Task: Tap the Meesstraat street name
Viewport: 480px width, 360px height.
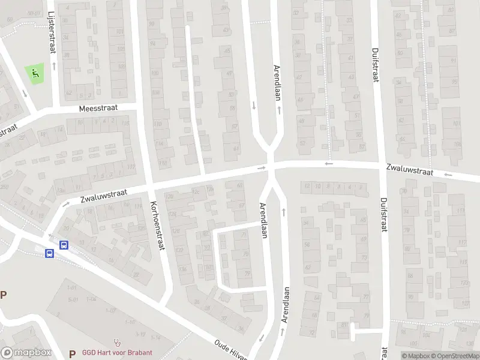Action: pos(98,109)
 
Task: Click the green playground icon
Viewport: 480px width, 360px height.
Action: pos(35,74)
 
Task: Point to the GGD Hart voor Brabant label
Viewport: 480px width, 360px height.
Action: pos(117,353)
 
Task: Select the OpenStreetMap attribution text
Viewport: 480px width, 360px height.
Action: pos(454,356)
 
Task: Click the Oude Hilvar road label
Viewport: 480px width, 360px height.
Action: pos(230,350)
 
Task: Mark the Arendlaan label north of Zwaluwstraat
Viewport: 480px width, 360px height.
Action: pos(277,83)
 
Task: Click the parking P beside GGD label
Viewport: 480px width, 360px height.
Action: pos(72,353)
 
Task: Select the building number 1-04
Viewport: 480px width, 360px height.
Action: pos(91,299)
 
